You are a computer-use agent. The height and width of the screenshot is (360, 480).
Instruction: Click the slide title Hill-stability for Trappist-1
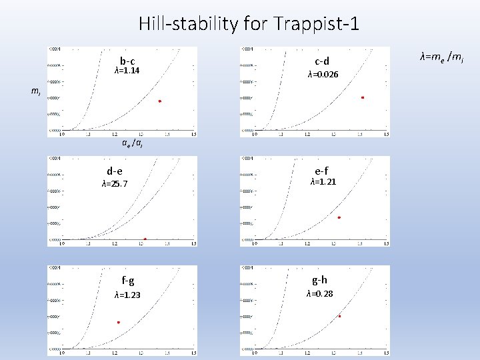[x=249, y=25]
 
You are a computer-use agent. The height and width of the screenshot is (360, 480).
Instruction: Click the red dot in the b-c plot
[x=160, y=101]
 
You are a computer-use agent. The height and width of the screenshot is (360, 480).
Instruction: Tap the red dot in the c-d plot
[x=363, y=97]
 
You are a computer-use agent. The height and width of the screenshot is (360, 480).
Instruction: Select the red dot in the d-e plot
[x=145, y=239]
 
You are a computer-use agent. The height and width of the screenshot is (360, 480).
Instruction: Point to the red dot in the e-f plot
[x=339, y=217]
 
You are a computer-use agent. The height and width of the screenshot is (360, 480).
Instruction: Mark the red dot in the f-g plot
[x=119, y=323]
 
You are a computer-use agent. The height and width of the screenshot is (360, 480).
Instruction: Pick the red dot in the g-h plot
[x=339, y=316]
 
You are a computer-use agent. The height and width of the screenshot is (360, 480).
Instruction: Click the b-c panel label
[x=127, y=60]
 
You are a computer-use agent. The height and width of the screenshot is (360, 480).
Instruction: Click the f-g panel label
[x=127, y=281]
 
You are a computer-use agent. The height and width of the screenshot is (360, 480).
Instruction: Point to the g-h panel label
[x=319, y=279]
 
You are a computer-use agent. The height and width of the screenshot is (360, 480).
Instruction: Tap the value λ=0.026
[x=323, y=75]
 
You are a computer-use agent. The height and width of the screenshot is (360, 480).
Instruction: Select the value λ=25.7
[x=115, y=184]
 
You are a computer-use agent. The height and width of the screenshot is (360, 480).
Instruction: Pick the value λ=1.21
[x=323, y=182]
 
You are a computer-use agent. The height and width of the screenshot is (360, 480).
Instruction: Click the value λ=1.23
[x=127, y=295]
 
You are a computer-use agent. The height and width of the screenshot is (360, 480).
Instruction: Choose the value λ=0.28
[x=320, y=293]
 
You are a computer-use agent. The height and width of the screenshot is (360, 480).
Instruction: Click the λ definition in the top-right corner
[x=441, y=59]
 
